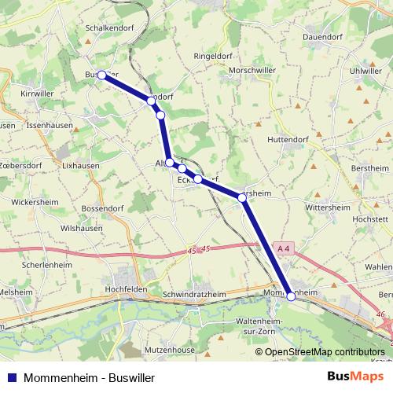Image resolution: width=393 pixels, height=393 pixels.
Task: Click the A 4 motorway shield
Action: coord(284,248)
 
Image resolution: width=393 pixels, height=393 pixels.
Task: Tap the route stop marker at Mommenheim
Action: coord(291,296)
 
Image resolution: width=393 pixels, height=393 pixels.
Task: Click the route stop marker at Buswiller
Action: coord(101,75)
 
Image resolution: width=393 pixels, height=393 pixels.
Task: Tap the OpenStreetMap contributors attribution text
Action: coord(325,351)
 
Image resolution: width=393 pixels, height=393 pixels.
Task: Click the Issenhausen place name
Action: coord(50,125)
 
